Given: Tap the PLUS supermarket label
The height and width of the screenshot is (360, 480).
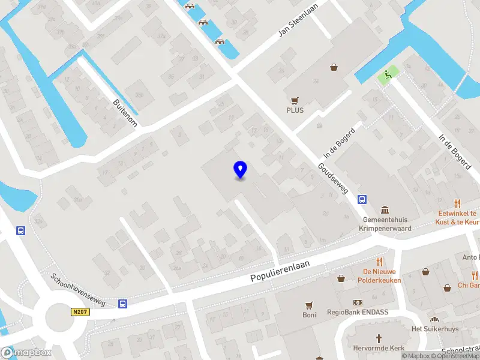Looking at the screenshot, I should click(295, 110).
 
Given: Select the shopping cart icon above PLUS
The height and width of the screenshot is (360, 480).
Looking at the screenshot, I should click(295, 100).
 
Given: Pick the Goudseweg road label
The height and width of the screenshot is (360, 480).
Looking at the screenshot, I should click(333, 178).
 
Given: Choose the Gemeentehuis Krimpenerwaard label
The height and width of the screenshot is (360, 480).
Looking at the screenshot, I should click(384, 224).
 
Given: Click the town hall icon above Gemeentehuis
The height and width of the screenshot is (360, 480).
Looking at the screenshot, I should click(384, 209).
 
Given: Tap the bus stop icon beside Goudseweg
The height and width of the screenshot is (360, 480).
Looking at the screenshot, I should click(362, 199).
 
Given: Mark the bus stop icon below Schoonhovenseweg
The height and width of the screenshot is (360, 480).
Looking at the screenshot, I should click(122, 304).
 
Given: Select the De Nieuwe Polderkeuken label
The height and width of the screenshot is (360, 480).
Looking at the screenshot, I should click(379, 276).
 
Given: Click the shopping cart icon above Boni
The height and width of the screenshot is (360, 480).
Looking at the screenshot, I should click(310, 305).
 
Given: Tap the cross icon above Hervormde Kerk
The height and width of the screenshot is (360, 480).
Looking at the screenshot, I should click(379, 338).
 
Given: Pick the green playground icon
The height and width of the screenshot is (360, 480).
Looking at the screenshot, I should click(388, 75).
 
